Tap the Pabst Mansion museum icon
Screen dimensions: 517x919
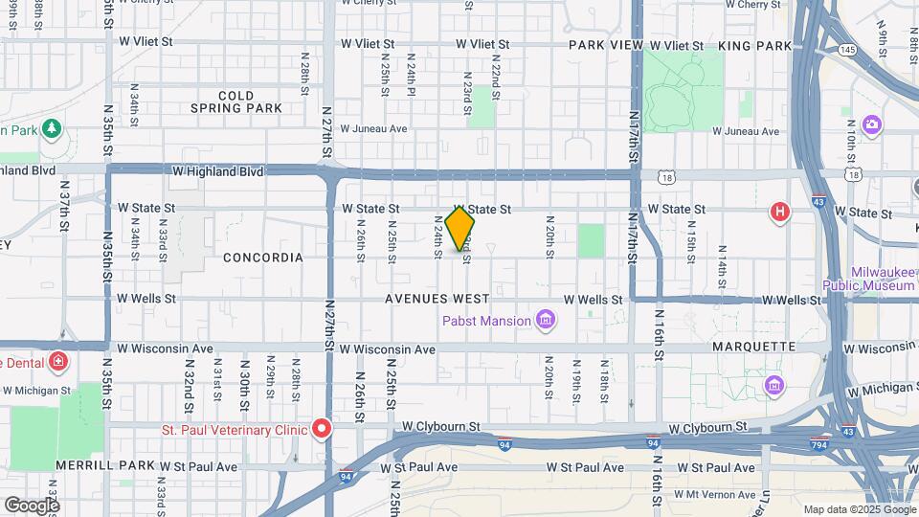(x=546, y=320)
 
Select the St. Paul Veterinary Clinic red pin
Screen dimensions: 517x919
(x=324, y=429)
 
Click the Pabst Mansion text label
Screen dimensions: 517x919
(x=486, y=321)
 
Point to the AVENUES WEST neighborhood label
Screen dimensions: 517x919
(x=437, y=299)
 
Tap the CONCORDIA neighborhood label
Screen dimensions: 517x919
(x=263, y=258)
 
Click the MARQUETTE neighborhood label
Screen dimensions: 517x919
(x=754, y=346)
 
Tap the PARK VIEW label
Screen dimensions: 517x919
(x=606, y=45)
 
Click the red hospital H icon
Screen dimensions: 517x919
(x=780, y=212)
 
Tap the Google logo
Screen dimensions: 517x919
(x=31, y=505)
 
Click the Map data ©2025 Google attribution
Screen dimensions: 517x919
(x=858, y=509)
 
